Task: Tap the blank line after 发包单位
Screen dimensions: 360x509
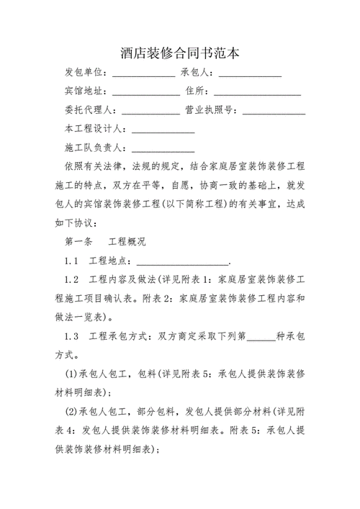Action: pyautogui.click(x=143, y=74)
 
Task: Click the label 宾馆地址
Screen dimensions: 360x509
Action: pyautogui.click(x=84, y=92)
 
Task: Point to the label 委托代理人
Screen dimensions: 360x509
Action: pyautogui.click(x=90, y=111)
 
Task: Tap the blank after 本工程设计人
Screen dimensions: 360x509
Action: pyautogui.click(x=163, y=130)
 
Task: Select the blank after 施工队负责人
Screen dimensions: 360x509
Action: pyautogui.click(x=163, y=149)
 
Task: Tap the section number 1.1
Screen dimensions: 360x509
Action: pyautogui.click(x=71, y=261)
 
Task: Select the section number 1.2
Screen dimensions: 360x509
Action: pyautogui.click(x=71, y=279)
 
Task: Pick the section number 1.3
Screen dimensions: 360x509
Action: pyautogui.click(x=71, y=336)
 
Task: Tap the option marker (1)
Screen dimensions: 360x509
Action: pyautogui.click(x=71, y=374)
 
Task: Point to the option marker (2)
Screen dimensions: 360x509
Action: pyautogui.click(x=71, y=411)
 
